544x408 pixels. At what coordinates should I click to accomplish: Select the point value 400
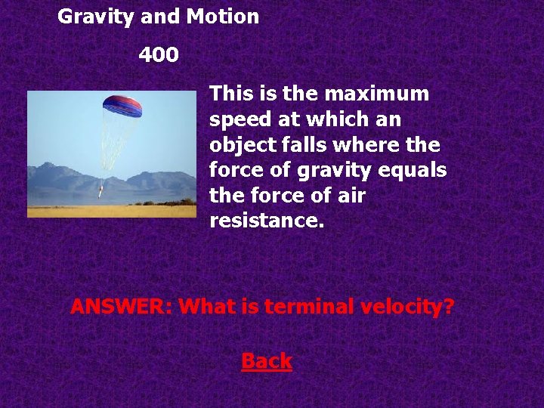pos(159,55)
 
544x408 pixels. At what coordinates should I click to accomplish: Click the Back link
pos(267,361)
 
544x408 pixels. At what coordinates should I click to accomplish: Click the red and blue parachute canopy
pos(122,105)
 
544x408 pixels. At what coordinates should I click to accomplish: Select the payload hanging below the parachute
pos(100,190)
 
